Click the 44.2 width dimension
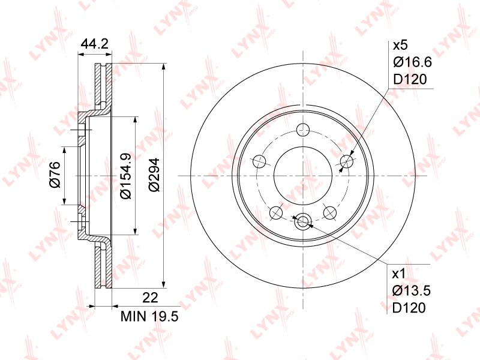tap(95, 44)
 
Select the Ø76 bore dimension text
tap(55, 175)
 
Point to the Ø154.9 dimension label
tap(125, 176)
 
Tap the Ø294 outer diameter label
tap(154, 175)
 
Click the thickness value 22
tap(150, 298)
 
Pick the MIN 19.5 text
tap(149, 316)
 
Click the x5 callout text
tap(401, 46)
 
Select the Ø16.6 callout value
tap(412, 62)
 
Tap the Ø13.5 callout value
tap(412, 290)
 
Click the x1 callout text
tap(399, 274)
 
